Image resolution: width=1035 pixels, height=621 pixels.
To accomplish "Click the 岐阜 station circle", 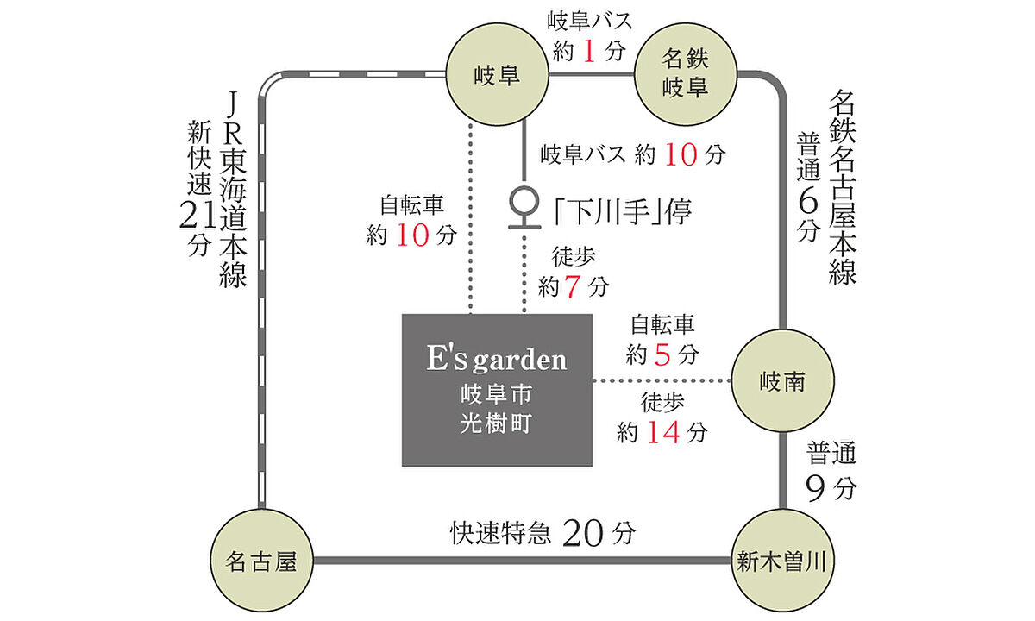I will pos(498,75).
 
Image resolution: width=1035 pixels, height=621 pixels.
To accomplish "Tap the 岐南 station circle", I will pos(782,381).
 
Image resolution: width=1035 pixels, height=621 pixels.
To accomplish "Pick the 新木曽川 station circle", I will pos(782,561).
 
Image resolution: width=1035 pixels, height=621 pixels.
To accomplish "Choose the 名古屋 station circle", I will pos(261,561).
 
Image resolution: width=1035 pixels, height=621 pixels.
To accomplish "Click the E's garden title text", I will pos(497,360).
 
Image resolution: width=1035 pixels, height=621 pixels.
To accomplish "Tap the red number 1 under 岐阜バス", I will pos(589,52).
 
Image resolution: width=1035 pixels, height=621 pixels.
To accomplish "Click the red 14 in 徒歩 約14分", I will pos(663,431).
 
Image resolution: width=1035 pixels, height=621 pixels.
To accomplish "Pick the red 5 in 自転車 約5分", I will pos(662,354).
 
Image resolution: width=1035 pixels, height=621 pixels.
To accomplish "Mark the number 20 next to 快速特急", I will pos(584,535).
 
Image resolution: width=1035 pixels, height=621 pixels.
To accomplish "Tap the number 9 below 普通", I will pos(819,489).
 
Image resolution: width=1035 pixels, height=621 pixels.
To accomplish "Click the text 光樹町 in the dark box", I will pos(497,423).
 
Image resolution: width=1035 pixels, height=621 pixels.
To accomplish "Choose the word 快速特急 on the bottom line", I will pos(499,535).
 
